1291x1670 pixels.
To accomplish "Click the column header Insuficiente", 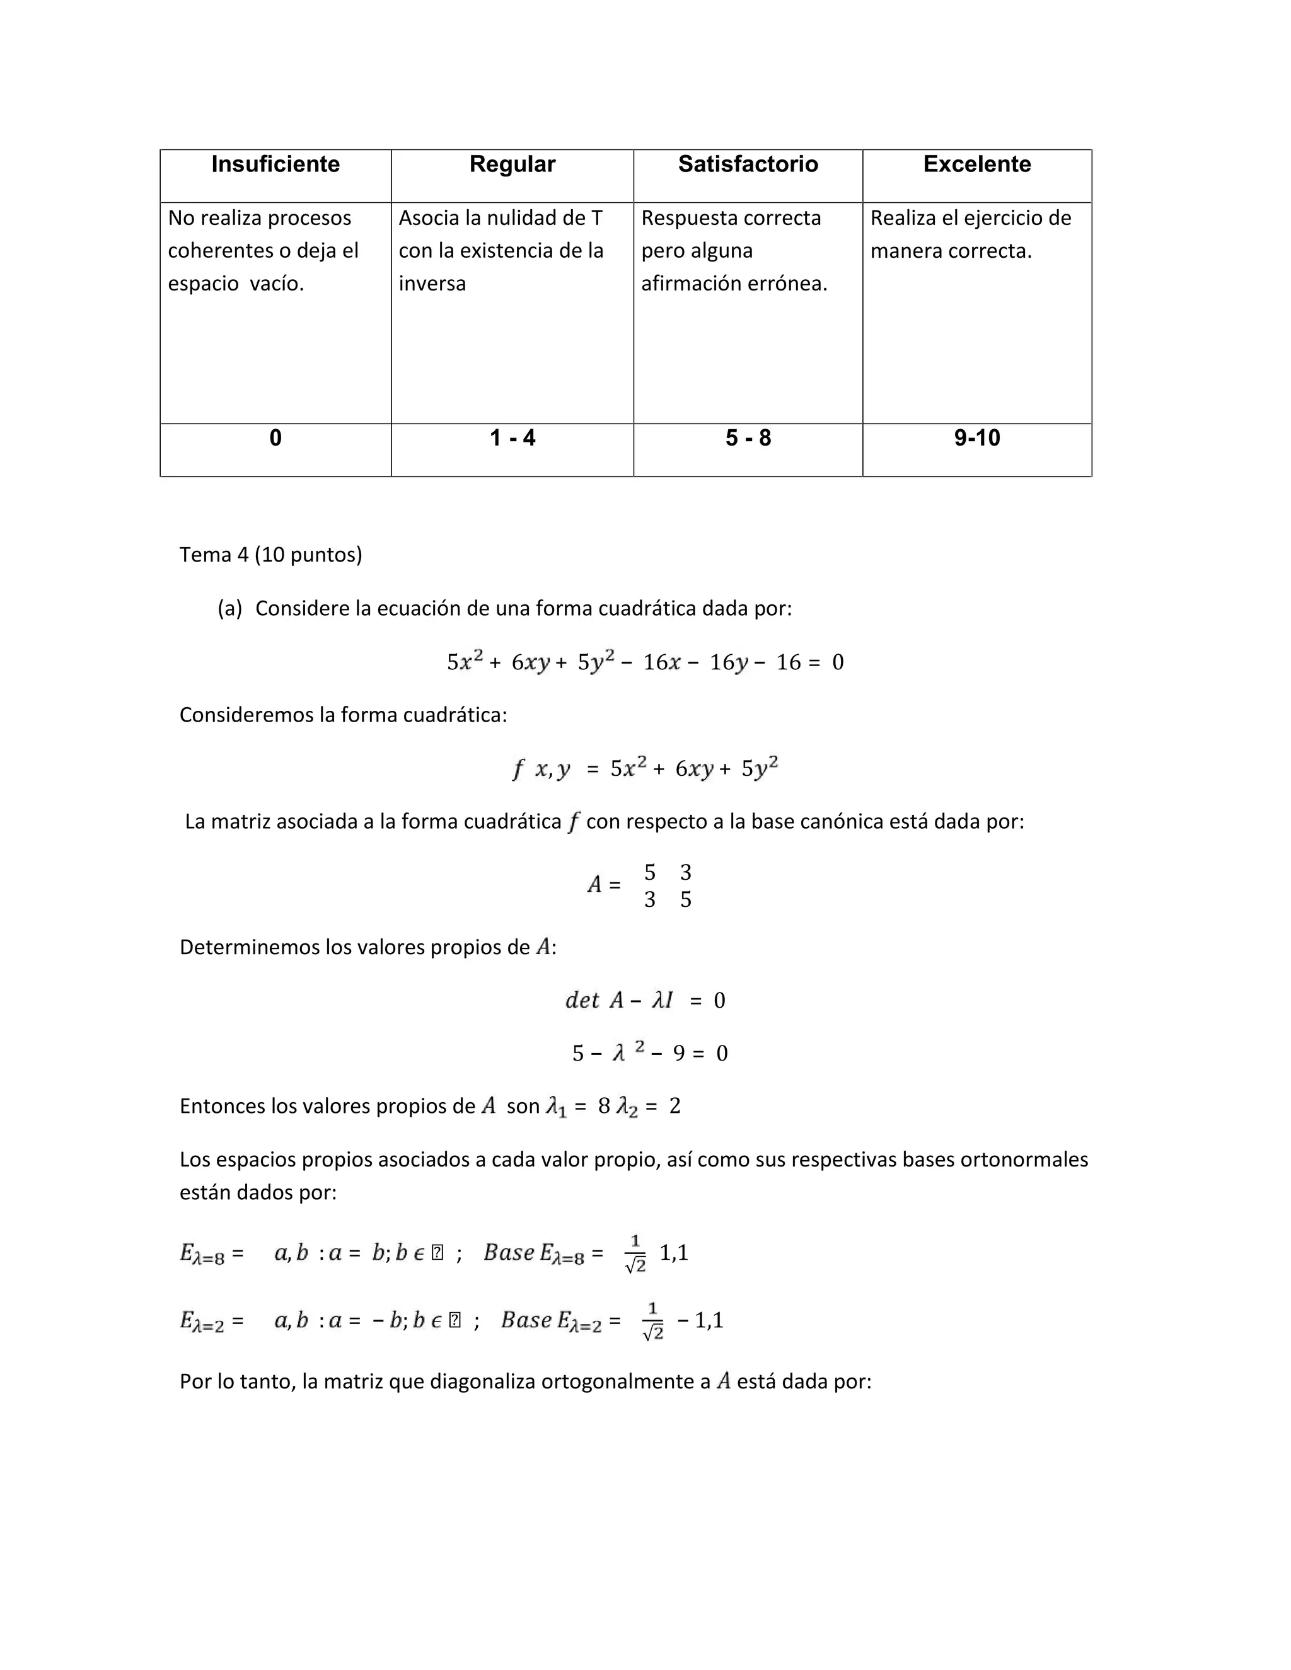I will (275, 164).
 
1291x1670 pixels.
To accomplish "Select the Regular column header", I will (512, 164).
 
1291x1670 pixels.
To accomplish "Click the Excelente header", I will (976, 164).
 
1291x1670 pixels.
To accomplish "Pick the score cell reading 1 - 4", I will (512, 438).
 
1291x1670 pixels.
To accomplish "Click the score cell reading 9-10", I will (976, 438).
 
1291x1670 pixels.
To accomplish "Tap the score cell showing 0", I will (275, 438).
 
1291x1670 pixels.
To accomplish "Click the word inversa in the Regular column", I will (432, 284).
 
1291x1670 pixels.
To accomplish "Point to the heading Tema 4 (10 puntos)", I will (270, 555).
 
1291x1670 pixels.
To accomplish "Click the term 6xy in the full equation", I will (530, 662).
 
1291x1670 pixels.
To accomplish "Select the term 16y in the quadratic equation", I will (727, 662).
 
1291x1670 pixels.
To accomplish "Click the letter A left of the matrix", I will (594, 885).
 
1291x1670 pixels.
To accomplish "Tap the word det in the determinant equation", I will (581, 1000).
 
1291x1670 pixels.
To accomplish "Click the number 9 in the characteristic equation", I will (678, 1054).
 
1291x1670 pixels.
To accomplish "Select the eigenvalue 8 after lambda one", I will (603, 1107).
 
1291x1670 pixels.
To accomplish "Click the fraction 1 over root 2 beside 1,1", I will (635, 1254).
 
